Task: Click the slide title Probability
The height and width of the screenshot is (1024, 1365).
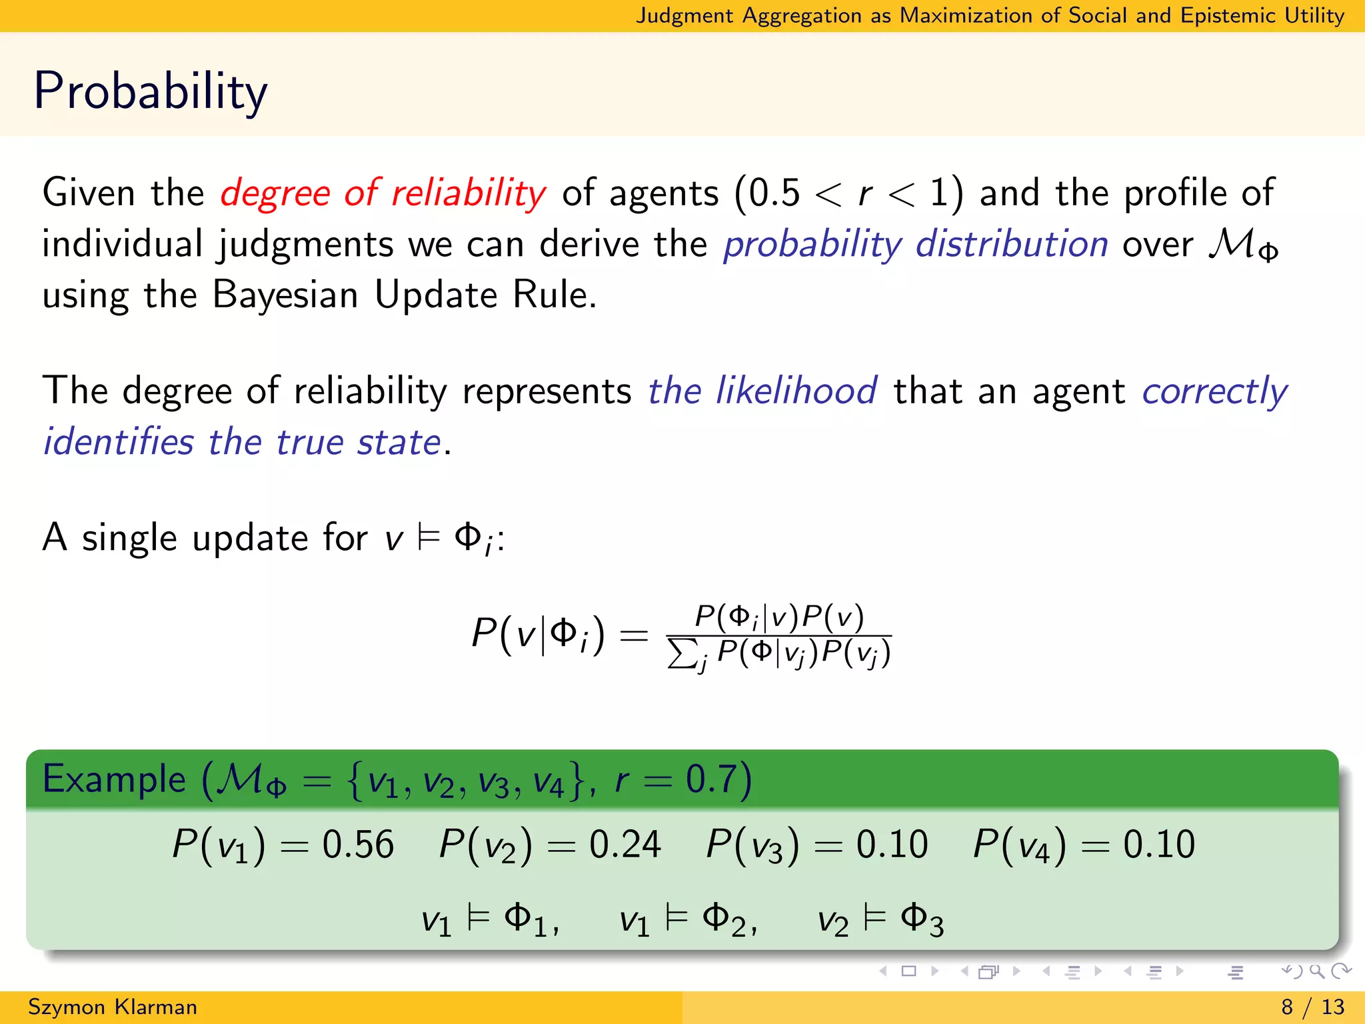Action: pos(151,91)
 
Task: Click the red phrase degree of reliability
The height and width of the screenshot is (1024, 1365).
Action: pos(383,193)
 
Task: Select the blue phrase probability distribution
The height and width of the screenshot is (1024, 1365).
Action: pos(916,244)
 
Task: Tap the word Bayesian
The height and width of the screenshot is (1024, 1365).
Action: pos(285,295)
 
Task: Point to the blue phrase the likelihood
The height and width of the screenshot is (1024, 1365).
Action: pos(762,391)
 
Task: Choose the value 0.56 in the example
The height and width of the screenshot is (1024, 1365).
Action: pos(359,845)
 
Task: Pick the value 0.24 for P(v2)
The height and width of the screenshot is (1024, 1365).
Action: pos(625,845)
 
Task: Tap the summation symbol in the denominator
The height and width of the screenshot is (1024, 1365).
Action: pos(681,654)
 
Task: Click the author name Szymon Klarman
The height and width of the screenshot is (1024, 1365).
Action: pos(113,1007)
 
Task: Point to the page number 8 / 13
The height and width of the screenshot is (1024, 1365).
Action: pos(1312,1007)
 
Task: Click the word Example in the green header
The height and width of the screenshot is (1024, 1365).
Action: pos(114,779)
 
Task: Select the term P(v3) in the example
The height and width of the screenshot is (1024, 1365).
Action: pos(752,845)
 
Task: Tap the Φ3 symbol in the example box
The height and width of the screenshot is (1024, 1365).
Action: pos(922,921)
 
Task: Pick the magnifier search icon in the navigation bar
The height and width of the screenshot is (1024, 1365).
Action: pos(1316,971)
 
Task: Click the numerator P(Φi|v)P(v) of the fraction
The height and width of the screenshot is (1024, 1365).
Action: pos(779,617)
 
